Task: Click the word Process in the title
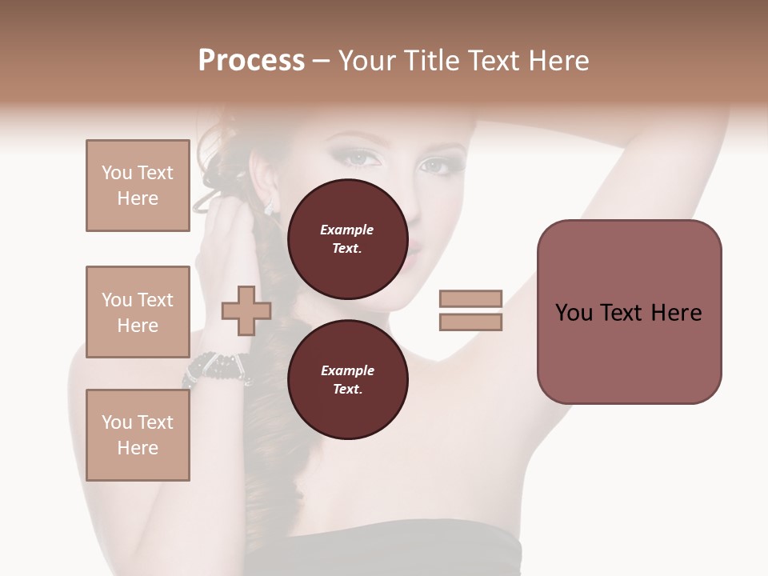(251, 61)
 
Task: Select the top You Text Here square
(138, 186)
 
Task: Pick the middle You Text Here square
(138, 312)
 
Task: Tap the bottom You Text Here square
(138, 435)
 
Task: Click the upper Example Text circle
(347, 238)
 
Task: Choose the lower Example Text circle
(347, 379)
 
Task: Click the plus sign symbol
(246, 311)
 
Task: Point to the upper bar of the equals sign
(470, 298)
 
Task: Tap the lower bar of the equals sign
(470, 322)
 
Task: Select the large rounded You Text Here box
(629, 312)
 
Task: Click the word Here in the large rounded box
(676, 313)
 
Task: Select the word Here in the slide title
(556, 61)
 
